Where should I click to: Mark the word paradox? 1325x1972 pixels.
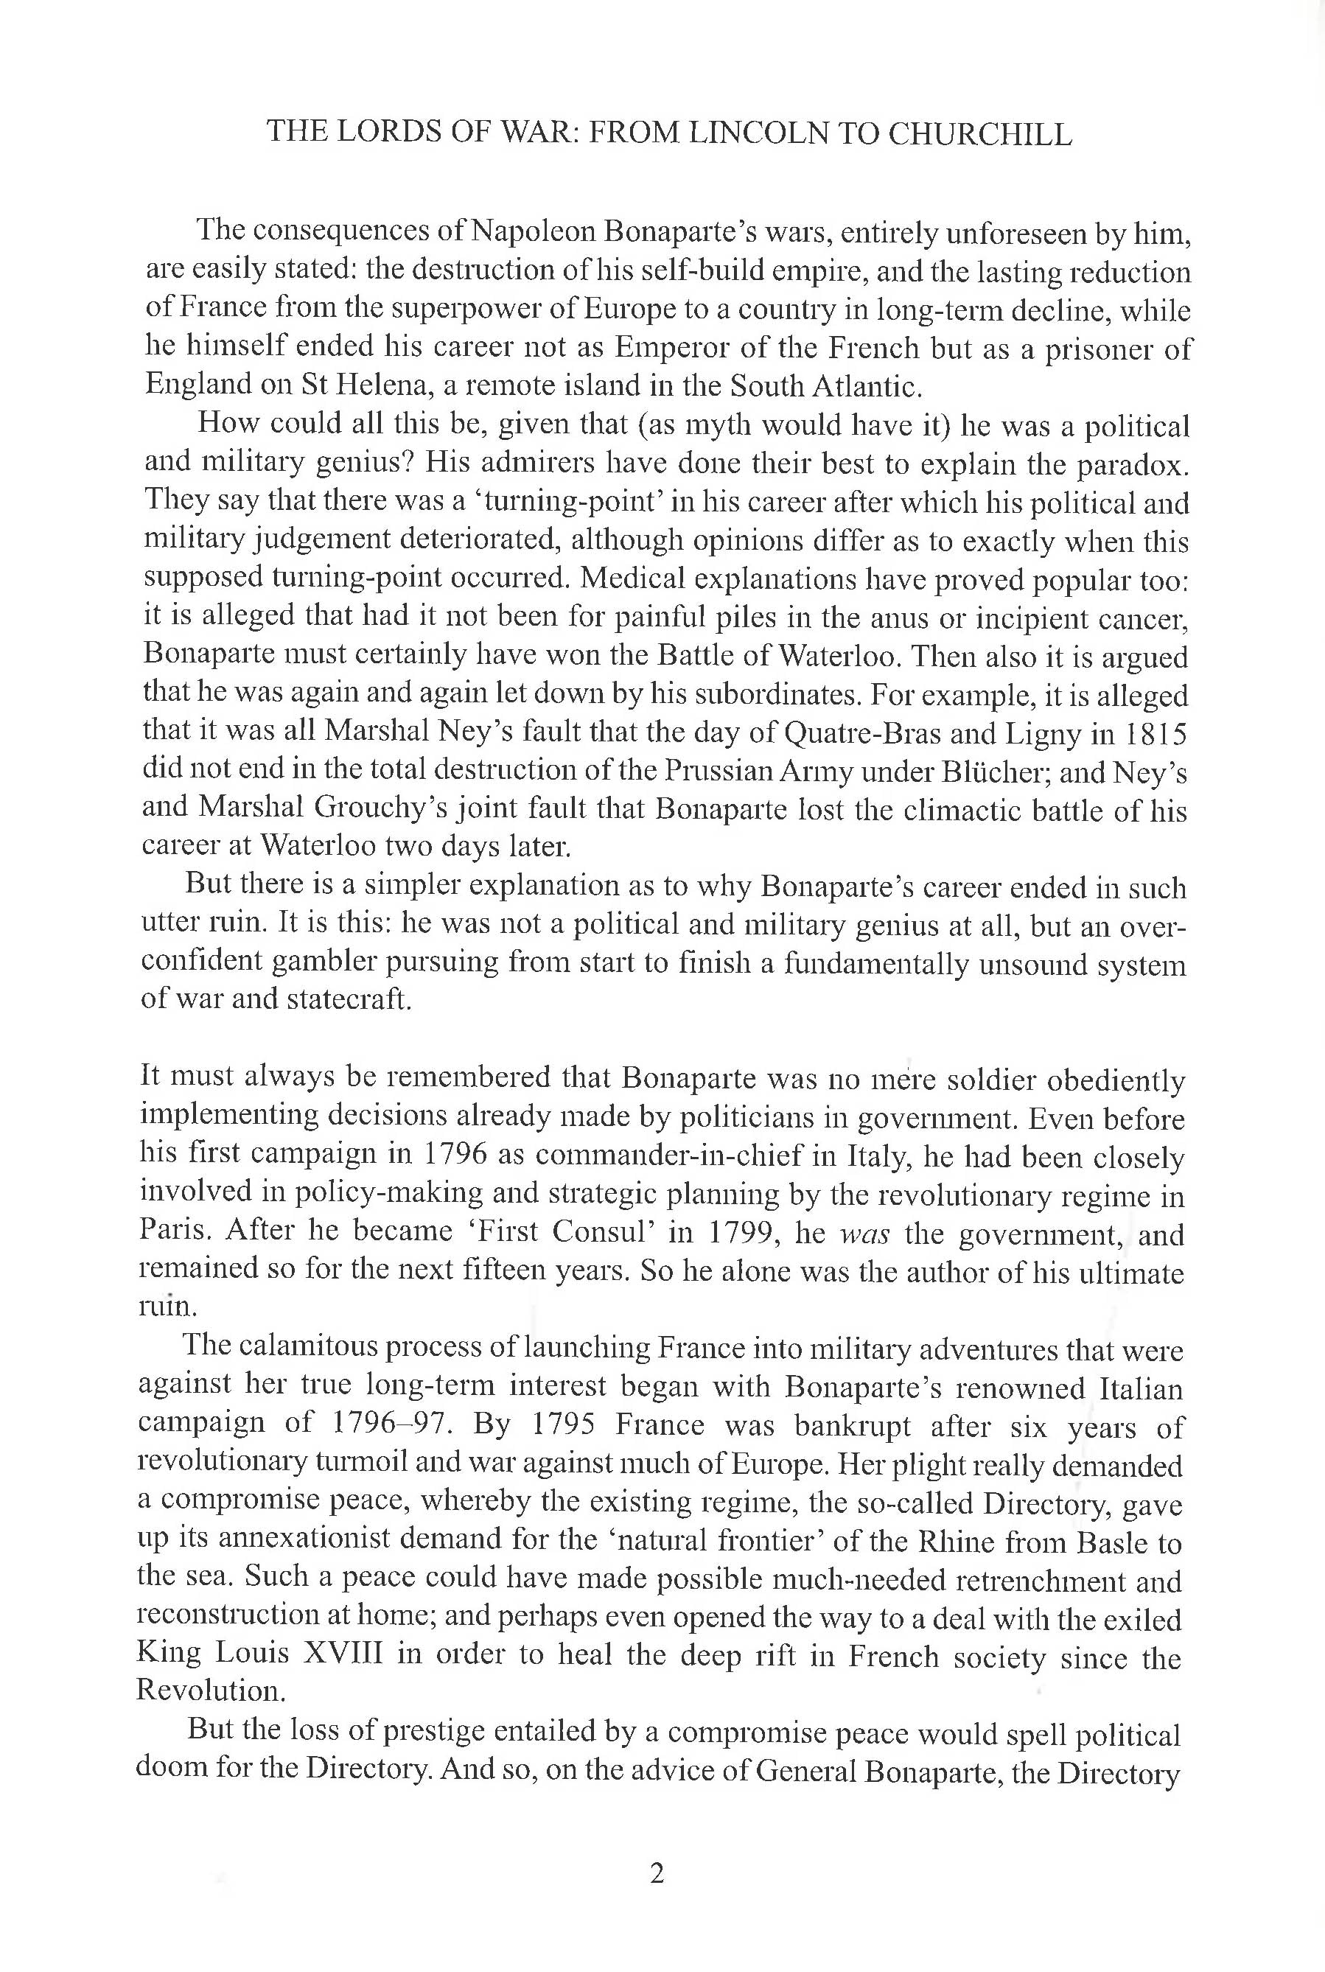pos(1130,464)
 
